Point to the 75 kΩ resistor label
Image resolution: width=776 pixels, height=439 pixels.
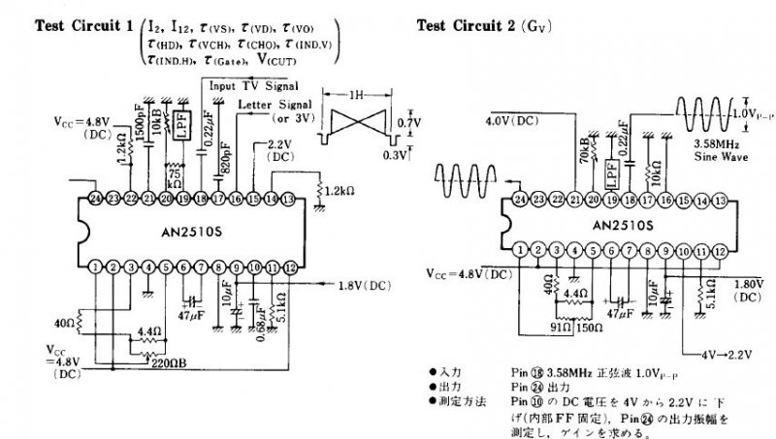(176, 172)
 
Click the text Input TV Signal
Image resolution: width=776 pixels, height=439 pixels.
(254, 85)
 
